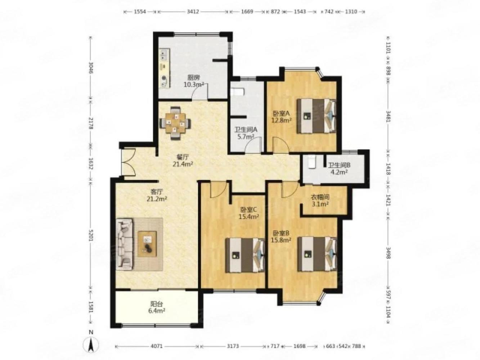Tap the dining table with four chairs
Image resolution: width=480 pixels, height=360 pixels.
[x=175, y=123]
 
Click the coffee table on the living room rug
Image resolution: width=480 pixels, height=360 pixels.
[x=147, y=244]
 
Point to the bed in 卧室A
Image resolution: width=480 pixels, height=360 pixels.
[x=316, y=116]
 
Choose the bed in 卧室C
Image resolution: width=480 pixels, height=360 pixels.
[x=245, y=255]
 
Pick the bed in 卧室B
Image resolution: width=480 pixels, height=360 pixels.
[x=317, y=254]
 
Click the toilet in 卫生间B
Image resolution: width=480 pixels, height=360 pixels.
[x=311, y=162]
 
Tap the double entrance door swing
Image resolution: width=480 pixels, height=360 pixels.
[x=129, y=162]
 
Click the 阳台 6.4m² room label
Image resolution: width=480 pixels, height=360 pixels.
[x=157, y=307]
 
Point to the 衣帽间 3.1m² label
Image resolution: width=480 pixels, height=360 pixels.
[x=320, y=201]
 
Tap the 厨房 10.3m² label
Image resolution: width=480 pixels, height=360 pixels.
[x=194, y=81]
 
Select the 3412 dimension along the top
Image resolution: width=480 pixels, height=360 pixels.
[x=193, y=12]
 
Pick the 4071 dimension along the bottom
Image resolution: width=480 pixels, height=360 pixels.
[x=157, y=346]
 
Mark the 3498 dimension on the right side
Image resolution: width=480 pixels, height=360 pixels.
[x=388, y=253]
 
